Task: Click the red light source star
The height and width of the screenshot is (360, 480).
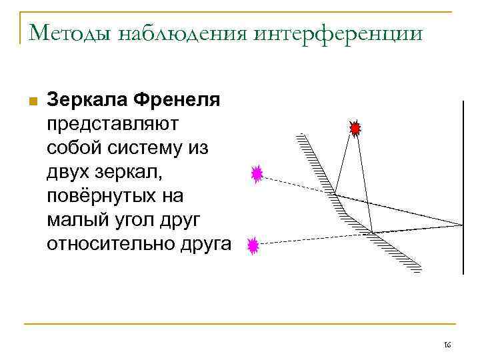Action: pyautogui.click(x=355, y=127)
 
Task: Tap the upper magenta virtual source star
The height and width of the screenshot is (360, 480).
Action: pyautogui.click(x=257, y=174)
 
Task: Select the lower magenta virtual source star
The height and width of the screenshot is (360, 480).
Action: pyautogui.click(x=253, y=247)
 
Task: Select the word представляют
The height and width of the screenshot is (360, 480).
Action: pyautogui.click(x=111, y=124)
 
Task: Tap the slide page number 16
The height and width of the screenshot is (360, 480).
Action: pyautogui.click(x=447, y=345)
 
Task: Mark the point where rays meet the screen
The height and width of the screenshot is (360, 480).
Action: pyautogui.click(x=462, y=225)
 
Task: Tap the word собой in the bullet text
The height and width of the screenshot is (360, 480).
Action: pyautogui.click(x=71, y=148)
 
